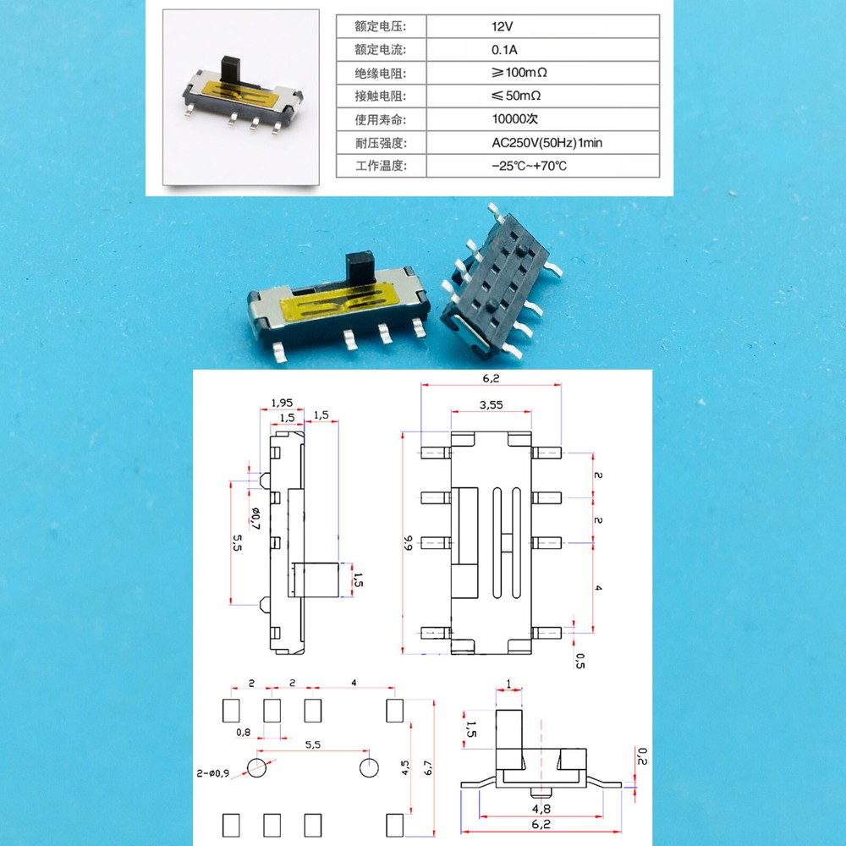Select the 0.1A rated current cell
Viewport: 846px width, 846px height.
(504, 49)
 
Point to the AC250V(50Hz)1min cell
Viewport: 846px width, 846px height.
(547, 142)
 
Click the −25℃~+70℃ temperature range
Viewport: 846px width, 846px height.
(529, 166)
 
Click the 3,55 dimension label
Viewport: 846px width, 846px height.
(490, 405)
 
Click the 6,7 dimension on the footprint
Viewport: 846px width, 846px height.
(429, 768)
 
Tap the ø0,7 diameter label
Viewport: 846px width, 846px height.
(254, 514)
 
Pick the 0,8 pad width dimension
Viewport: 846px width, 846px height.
(244, 733)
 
